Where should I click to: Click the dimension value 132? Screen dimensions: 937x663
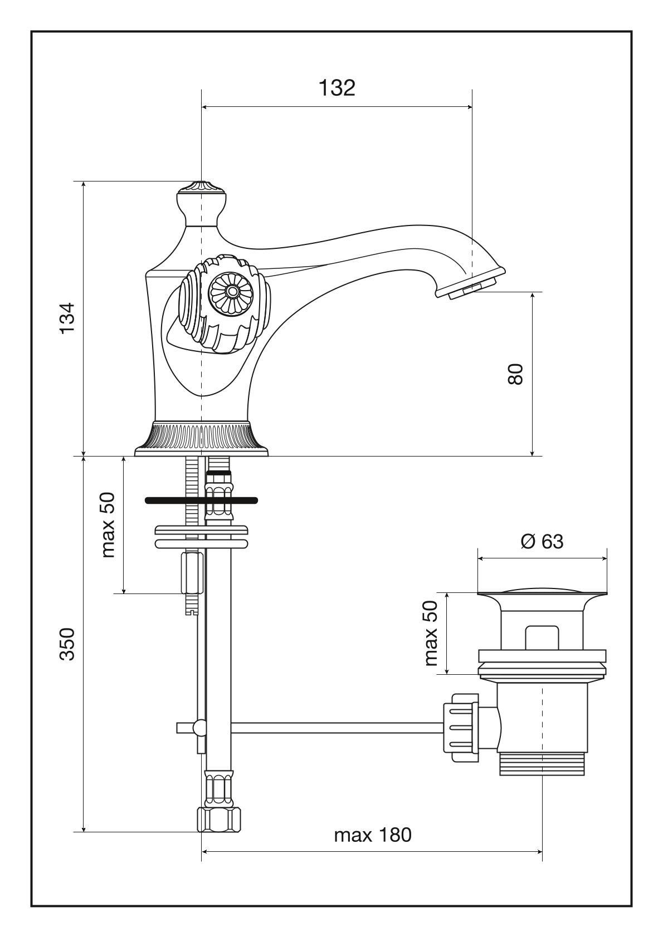click(337, 88)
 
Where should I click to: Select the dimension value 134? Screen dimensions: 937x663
click(67, 318)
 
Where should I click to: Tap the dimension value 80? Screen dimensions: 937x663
click(515, 374)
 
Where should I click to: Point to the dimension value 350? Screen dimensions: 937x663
click(67, 644)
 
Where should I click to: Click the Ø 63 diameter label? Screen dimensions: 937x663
click(542, 541)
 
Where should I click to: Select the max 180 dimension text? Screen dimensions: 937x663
click(373, 835)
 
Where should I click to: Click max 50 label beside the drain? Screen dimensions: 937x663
click(432, 634)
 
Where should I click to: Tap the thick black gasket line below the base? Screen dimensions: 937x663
click(201, 501)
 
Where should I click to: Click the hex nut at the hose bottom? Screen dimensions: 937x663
click(220, 820)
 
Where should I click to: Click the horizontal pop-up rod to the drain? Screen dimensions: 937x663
click(334, 727)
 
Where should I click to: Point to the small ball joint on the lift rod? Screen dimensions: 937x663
click(198, 727)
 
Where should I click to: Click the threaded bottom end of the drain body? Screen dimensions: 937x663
click(542, 763)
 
